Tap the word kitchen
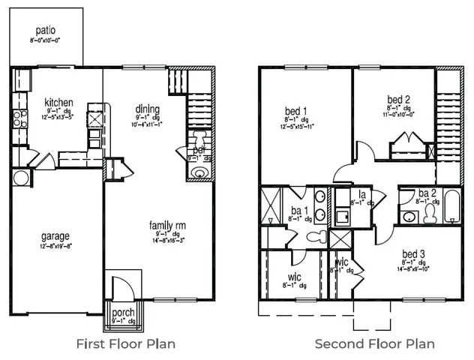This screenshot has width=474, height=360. click(58, 103)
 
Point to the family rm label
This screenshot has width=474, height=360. click(167, 225)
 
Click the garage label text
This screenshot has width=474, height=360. click(55, 235)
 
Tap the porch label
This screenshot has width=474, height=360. click(122, 312)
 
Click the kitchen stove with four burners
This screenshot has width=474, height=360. click(95, 118)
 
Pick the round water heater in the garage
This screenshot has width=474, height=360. click(21, 178)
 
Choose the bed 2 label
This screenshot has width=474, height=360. click(398, 99)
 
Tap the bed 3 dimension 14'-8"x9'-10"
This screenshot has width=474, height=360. click(415, 268)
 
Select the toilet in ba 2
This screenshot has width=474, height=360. click(430, 214)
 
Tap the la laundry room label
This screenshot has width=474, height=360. click(361, 195)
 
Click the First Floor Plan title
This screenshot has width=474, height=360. click(126, 344)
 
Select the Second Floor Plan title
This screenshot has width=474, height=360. click(374, 344)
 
